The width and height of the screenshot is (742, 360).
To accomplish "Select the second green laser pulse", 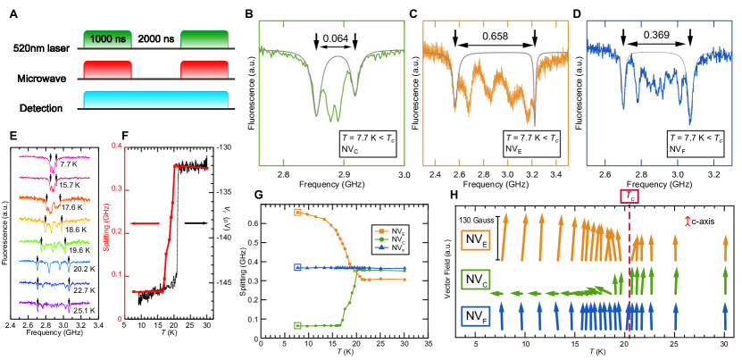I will pyautogui.click(x=204, y=38).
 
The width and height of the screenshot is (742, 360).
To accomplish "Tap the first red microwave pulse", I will pyautogui.click(x=107, y=70).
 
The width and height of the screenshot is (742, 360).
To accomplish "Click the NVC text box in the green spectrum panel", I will pyautogui.click(x=365, y=143).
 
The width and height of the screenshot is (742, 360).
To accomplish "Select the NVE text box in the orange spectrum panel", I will pyautogui.click(x=529, y=143).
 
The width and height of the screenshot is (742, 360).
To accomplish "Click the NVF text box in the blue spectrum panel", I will pyautogui.click(x=693, y=143).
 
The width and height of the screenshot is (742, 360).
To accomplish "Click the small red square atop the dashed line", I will pyautogui.click(x=629, y=195).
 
